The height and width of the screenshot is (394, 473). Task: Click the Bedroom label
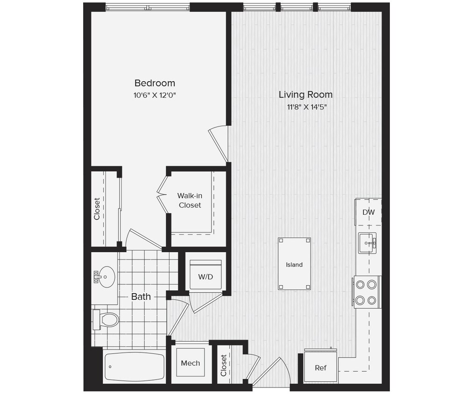point(155,83)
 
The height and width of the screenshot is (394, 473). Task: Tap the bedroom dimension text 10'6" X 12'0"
point(155,95)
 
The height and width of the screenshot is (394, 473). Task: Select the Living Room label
point(305,94)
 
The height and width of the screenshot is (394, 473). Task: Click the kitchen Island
point(294,264)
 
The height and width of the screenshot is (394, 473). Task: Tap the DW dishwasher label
point(368,212)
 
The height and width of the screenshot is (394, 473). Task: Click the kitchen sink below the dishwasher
point(367,242)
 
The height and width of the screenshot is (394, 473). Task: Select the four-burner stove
point(367,292)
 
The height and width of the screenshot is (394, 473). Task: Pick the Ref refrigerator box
point(320,367)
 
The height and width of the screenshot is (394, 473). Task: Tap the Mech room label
point(191,363)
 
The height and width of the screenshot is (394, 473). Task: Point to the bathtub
point(134,366)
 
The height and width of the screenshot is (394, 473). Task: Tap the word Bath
point(141,296)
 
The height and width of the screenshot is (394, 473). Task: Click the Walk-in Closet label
point(190,200)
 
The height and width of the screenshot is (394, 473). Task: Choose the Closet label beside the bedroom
point(97,209)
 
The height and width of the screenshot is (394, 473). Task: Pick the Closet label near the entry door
point(224,366)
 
